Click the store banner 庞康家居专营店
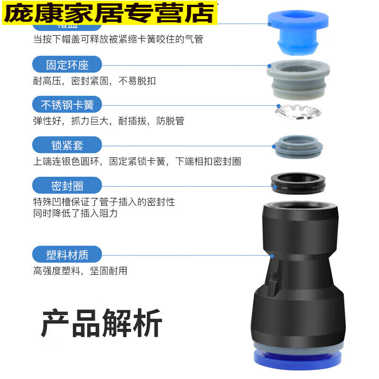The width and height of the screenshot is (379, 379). (109, 13)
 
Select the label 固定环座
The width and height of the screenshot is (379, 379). (67, 64)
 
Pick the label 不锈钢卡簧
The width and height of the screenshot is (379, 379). (67, 105)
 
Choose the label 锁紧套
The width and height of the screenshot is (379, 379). (67, 145)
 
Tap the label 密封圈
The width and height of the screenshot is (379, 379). (67, 185)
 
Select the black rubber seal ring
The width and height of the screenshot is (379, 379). (297, 183)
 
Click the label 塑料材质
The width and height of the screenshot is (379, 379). (67, 255)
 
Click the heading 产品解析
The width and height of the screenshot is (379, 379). (101, 323)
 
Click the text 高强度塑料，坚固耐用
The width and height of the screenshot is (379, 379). (80, 271)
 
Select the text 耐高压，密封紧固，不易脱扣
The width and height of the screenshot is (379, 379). (94, 81)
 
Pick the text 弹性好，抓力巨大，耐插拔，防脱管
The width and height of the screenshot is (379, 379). (108, 121)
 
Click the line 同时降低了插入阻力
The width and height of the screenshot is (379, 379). (75, 213)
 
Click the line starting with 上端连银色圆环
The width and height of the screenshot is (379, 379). (137, 162)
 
